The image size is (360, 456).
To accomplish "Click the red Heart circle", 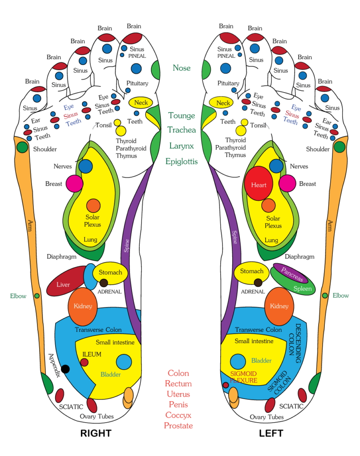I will click(259, 184).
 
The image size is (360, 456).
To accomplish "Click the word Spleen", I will click(302, 289).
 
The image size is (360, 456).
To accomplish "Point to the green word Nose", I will click(182, 68).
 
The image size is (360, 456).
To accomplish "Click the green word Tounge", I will click(182, 116).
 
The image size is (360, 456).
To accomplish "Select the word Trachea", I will click(182, 130).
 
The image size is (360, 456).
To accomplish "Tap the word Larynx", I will click(182, 146).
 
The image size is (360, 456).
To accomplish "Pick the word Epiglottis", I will click(182, 161).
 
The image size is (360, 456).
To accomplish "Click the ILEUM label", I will click(92, 354).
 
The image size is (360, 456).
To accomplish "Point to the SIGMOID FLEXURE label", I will click(243, 378).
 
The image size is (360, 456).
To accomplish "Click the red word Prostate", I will click(178, 426).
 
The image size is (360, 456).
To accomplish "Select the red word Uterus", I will click(178, 394).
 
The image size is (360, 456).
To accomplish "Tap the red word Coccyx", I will click(178, 415).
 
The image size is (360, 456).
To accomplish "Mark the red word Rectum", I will click(178, 383).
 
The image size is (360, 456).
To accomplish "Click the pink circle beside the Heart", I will click(287, 183).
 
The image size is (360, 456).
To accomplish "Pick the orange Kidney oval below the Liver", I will click(82, 306).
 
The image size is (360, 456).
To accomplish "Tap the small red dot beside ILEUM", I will click(84, 362).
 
